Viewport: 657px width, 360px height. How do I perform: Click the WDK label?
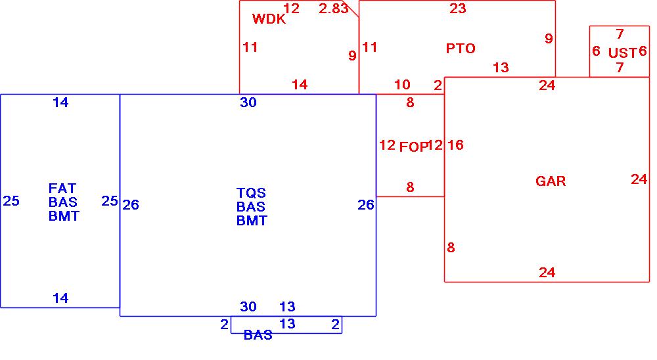tap(269, 18)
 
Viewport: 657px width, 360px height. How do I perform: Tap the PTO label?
tap(461, 49)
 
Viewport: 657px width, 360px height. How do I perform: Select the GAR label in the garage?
tap(551, 181)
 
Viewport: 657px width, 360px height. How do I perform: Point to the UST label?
tap(622, 53)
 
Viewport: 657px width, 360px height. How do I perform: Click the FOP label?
tap(413, 147)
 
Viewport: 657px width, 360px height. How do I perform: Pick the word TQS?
tap(251, 192)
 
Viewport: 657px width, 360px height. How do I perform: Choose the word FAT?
tap(62, 189)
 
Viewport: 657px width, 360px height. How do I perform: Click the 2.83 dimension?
tap(333, 9)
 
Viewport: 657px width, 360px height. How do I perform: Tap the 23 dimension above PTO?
tap(458, 9)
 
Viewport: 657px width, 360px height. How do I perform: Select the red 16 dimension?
tap(455, 145)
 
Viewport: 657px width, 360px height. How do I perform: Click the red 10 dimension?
tap(402, 85)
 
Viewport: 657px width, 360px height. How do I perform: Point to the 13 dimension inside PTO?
tap(501, 67)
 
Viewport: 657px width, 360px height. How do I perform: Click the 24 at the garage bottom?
tap(547, 273)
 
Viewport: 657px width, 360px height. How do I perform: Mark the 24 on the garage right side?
tap(639, 179)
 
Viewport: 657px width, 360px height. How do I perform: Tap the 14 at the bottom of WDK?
tap(300, 85)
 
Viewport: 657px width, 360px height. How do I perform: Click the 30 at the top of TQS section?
tap(248, 102)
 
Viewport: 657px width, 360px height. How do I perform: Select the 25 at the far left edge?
tap(11, 201)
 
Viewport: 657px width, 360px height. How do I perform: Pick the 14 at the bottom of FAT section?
tap(60, 298)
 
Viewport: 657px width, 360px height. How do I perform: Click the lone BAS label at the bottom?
tap(258, 335)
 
